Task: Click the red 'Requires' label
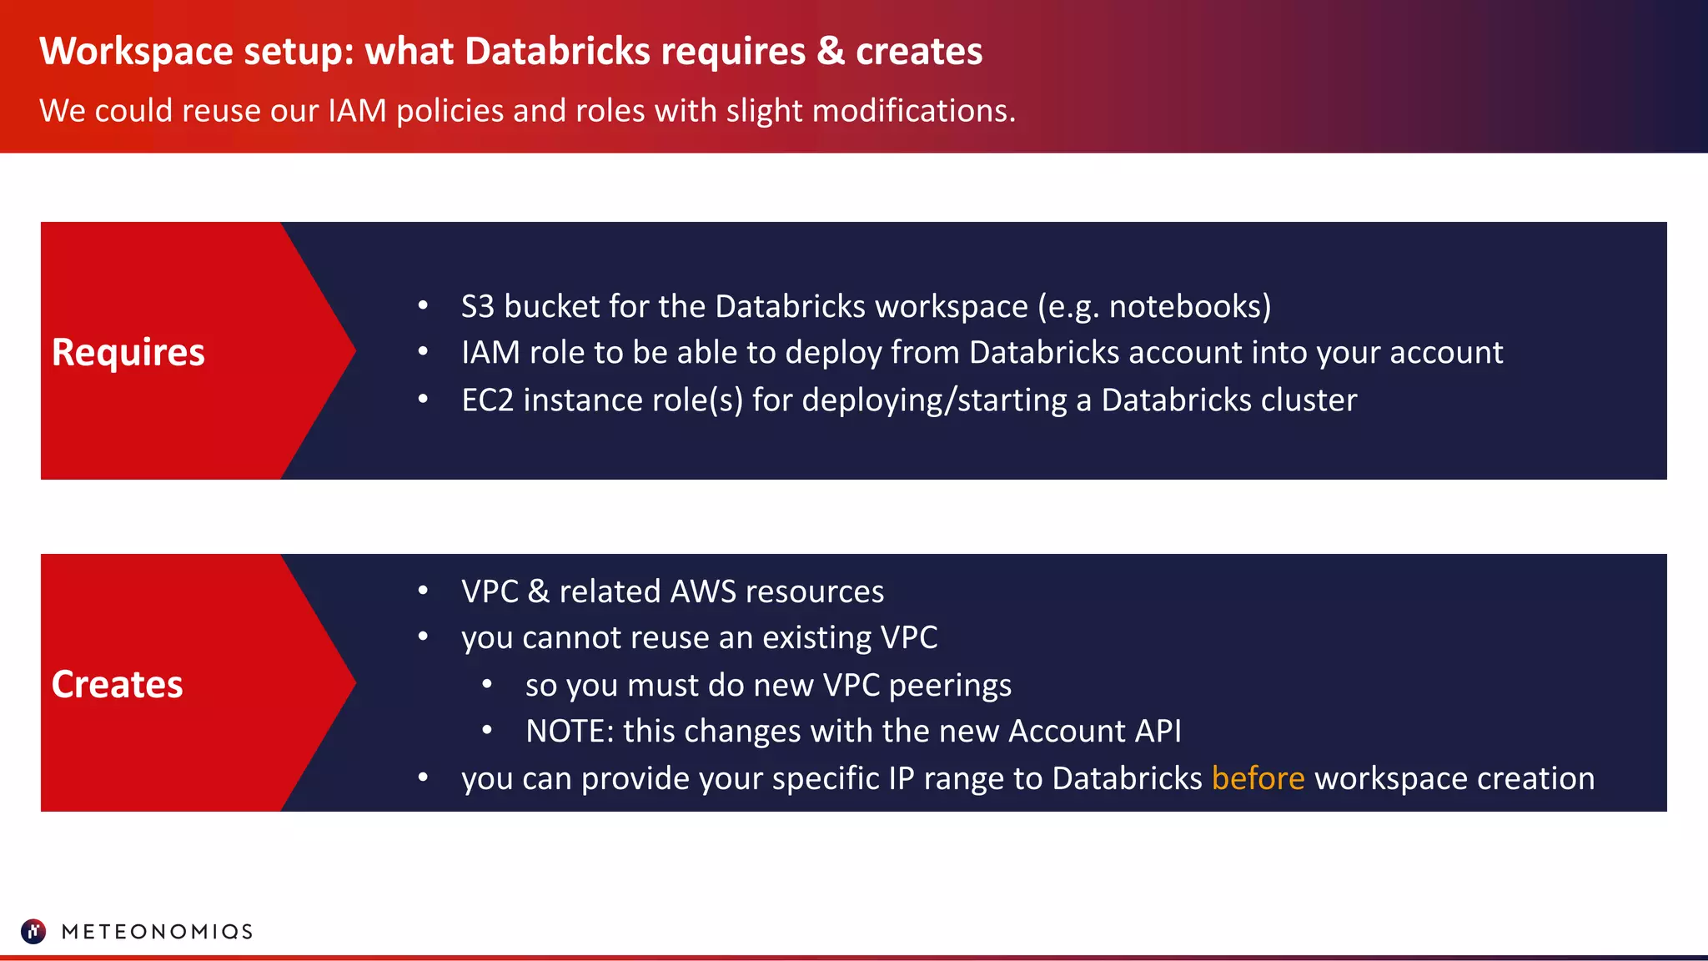pyautogui.click(x=128, y=352)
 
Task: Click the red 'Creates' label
pyautogui.click(x=117, y=684)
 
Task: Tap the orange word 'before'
pyautogui.click(x=1258, y=778)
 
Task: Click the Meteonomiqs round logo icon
pyautogui.click(x=33, y=931)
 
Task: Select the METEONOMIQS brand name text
pyautogui.click(x=157, y=932)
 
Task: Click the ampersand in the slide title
pyautogui.click(x=831, y=51)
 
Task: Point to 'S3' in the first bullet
pyautogui.click(x=478, y=307)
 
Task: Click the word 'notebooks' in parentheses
pyautogui.click(x=1184, y=307)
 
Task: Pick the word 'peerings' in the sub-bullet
pyautogui.click(x=950, y=686)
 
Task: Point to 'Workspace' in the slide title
pyautogui.click(x=136, y=51)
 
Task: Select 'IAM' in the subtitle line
pyautogui.click(x=357, y=111)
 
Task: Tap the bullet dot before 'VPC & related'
pyautogui.click(x=423, y=591)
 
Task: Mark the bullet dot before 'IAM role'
pyautogui.click(x=423, y=352)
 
